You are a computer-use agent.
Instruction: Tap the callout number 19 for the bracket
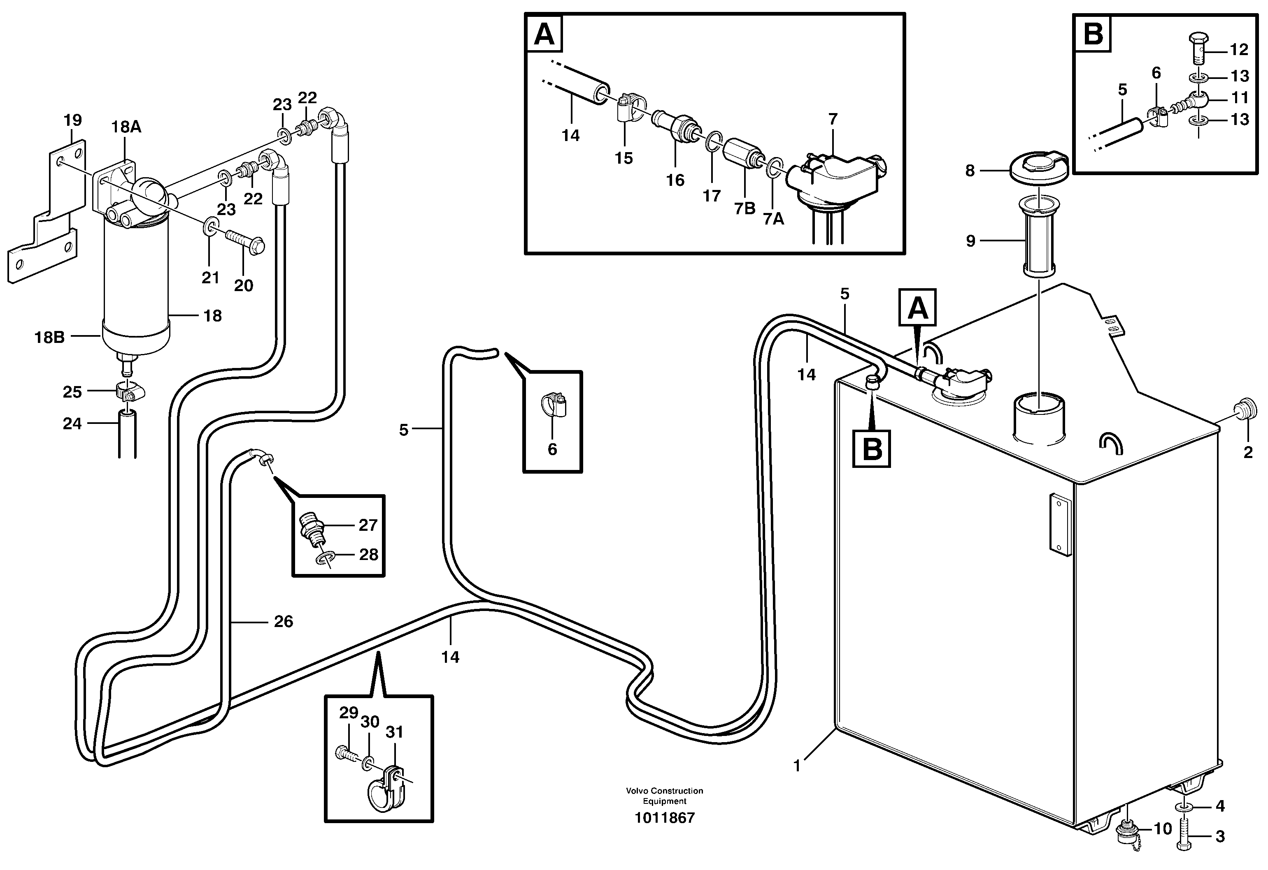[72, 120]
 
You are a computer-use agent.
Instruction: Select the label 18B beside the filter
[49, 338]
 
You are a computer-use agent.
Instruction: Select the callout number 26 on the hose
[283, 621]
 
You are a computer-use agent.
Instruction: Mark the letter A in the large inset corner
[544, 35]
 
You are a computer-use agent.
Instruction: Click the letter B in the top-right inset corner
[1093, 34]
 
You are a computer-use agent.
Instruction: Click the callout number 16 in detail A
[675, 180]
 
